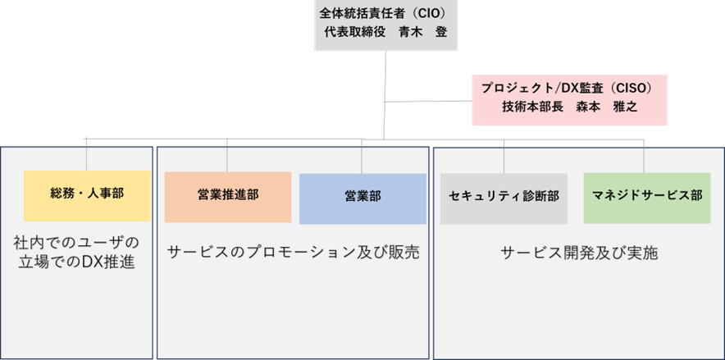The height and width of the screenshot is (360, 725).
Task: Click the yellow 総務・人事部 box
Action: click(88, 194)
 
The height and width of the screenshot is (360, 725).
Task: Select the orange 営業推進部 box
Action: click(228, 196)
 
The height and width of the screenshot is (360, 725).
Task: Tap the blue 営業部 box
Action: click(362, 198)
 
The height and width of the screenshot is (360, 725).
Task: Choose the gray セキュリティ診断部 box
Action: click(504, 198)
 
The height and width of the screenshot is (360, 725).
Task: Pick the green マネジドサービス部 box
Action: click(646, 197)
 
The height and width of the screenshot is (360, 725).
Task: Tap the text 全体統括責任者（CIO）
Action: click(383, 15)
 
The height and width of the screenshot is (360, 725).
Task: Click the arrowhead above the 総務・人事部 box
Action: click(86, 144)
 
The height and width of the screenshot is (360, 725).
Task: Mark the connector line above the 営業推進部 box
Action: click(227, 156)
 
